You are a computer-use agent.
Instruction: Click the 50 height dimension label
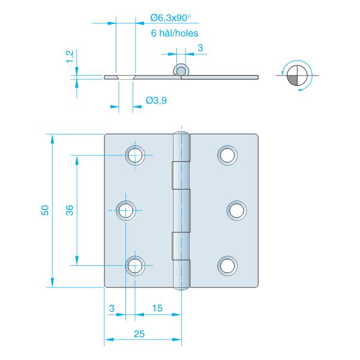(x=45, y=210)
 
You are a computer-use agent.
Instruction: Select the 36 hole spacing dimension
(x=70, y=210)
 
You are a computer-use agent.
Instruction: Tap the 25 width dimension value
(x=139, y=334)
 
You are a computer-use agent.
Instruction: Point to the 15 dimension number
(x=157, y=308)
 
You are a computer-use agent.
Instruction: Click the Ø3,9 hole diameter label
(x=156, y=100)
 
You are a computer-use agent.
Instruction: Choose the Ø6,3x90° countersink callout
(x=170, y=18)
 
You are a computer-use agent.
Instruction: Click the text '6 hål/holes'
(x=175, y=33)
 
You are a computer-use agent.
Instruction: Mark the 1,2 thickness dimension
(x=70, y=56)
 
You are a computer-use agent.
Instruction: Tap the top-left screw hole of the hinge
(x=135, y=155)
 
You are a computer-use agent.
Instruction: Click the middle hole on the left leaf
(x=126, y=211)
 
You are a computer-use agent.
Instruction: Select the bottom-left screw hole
(x=135, y=266)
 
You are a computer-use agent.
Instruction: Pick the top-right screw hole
(x=227, y=155)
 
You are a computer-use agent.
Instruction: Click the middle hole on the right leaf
(x=237, y=211)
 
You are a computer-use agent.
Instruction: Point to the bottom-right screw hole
(x=227, y=266)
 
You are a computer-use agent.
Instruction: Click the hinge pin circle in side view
(x=181, y=70)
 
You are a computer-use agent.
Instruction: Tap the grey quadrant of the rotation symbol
(x=293, y=80)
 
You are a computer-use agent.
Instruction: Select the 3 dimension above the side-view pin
(x=200, y=48)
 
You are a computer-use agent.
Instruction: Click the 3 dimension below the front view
(x=112, y=308)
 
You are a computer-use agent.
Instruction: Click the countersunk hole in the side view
(x=126, y=77)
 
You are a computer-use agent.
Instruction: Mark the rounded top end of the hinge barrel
(x=181, y=133)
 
